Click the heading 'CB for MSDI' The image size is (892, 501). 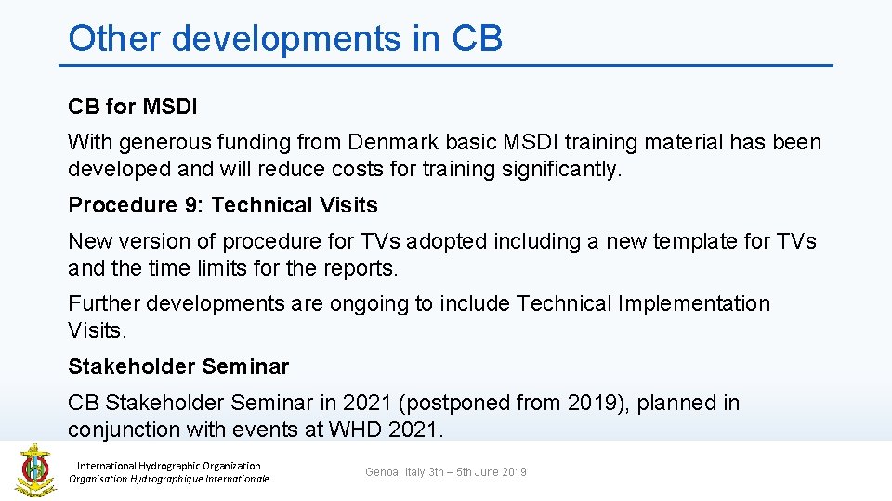pyautogui.click(x=133, y=107)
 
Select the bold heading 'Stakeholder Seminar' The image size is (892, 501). pyautogui.click(x=178, y=366)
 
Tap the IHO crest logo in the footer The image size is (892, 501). pyautogui.click(x=34, y=469)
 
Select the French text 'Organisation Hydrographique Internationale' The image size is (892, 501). pyautogui.click(x=169, y=479)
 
